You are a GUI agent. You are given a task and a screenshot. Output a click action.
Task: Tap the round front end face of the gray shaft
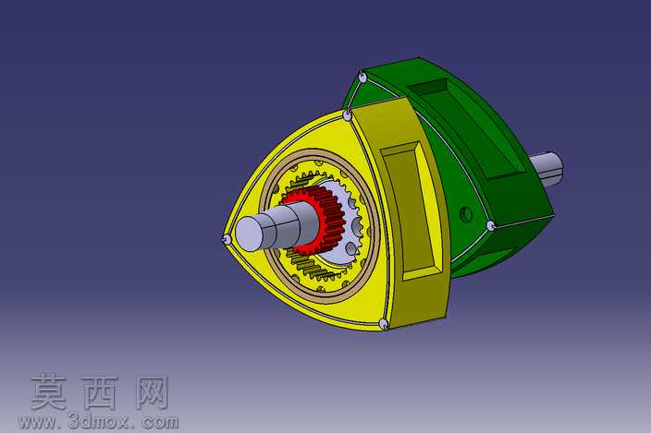250,234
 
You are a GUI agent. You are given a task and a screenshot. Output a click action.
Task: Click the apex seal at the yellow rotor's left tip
227,239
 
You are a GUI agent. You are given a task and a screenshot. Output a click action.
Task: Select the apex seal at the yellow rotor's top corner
347,115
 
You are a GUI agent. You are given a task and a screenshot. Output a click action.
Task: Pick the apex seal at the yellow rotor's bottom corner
384,324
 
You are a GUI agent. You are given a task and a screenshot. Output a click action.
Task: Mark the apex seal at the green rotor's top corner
362,78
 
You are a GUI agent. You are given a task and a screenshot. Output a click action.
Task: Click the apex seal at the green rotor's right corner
491,226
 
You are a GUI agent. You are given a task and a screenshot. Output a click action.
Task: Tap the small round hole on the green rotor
466,214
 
